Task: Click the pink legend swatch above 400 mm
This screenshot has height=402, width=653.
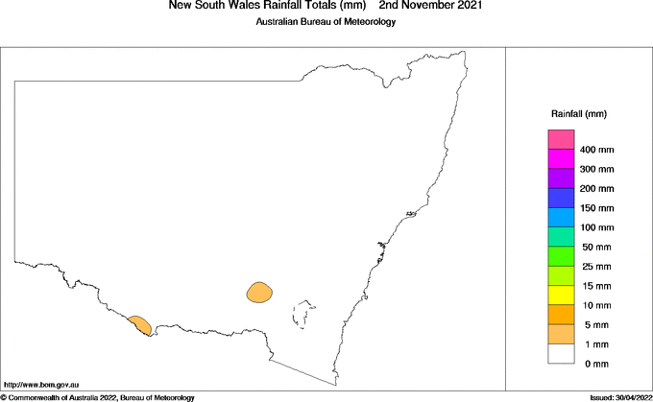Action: click(561, 140)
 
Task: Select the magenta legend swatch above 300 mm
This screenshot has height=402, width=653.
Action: click(561, 159)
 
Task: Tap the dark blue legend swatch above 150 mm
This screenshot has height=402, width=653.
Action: click(561, 198)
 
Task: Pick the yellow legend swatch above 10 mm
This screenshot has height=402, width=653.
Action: click(561, 295)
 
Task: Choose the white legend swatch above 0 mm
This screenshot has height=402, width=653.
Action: click(561, 353)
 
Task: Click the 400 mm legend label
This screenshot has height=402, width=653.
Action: click(596, 151)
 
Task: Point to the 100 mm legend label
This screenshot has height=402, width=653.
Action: click(596, 227)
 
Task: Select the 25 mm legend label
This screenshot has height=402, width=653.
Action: click(594, 267)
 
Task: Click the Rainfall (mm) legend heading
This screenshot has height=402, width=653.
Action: click(578, 113)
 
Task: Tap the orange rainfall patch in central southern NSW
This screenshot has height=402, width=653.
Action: click(259, 292)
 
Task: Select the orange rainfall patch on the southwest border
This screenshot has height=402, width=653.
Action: click(139, 324)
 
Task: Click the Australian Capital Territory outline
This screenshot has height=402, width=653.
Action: click(305, 314)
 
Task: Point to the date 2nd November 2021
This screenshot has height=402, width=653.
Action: click(430, 6)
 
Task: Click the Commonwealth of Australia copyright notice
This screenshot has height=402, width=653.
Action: click(98, 397)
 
